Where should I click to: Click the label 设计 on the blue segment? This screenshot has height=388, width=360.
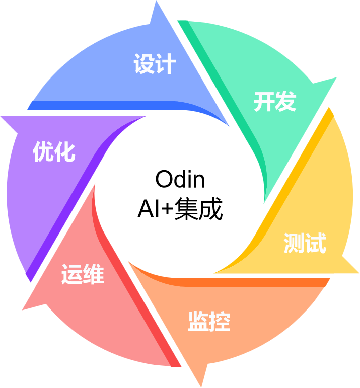coord(155,65)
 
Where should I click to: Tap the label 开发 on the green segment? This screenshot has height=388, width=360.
coord(274,102)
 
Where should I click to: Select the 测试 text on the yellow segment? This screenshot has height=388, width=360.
coord(305,243)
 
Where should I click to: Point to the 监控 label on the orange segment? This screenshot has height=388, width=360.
coord(208,322)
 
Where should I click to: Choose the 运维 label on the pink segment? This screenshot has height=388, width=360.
coord(83,275)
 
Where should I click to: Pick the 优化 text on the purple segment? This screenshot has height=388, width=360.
coord(54,151)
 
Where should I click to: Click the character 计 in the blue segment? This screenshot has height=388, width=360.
coord(166,65)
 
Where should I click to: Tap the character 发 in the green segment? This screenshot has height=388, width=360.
coord(285,102)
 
